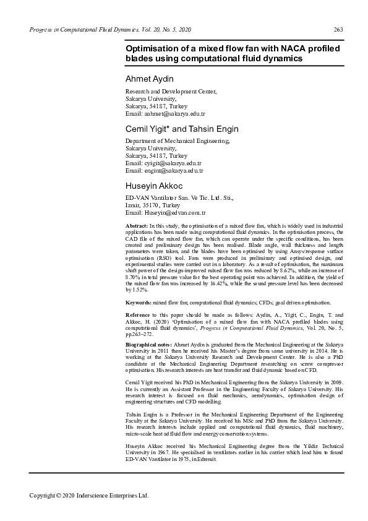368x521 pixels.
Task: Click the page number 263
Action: pyautogui.click(x=338, y=30)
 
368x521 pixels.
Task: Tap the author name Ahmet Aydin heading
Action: pyautogui.click(x=150, y=79)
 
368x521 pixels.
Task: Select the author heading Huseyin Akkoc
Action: pyautogui.click(x=154, y=186)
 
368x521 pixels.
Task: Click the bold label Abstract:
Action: pyautogui.click(x=136, y=227)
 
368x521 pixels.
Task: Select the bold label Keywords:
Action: pyautogui.click(x=139, y=303)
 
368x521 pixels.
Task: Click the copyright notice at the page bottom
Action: pyautogui.click(x=90, y=495)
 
